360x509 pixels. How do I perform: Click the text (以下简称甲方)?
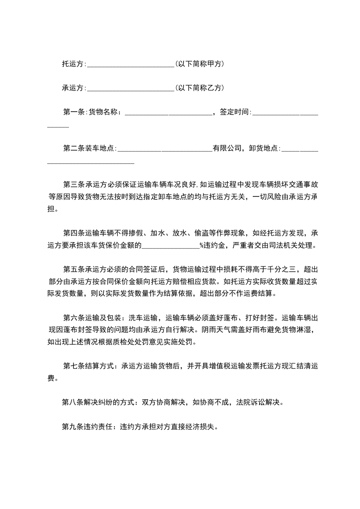click(199, 64)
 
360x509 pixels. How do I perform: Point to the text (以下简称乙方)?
click(199, 88)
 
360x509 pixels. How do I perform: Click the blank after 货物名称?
click(168, 112)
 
